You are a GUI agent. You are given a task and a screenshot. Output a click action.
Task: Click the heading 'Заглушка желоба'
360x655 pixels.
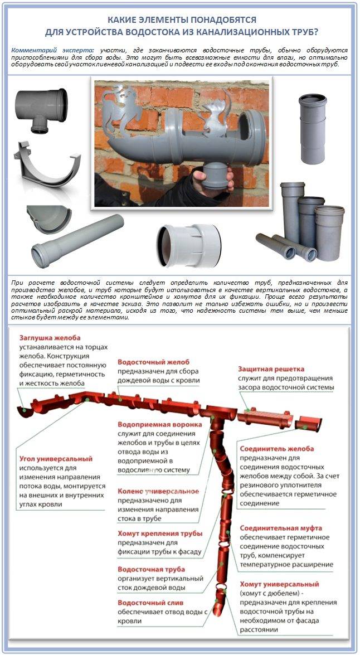tap(50, 338)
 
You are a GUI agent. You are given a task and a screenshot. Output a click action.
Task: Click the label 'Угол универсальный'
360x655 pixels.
tap(56, 459)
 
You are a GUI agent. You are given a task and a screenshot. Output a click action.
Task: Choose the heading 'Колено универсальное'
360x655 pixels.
tap(158, 491)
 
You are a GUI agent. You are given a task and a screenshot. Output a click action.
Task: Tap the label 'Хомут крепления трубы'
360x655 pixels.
tap(159, 533)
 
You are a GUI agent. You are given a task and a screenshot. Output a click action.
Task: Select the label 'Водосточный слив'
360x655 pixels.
tap(150, 603)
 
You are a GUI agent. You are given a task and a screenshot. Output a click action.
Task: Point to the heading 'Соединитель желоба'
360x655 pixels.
tap(276, 448)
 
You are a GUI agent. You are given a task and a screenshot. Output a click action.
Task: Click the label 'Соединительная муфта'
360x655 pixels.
tap(281, 527)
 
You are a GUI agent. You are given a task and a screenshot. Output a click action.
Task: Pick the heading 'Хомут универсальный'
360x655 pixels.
tap(279, 584)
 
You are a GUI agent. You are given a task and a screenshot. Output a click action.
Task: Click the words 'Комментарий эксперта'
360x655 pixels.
tap(51, 50)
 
